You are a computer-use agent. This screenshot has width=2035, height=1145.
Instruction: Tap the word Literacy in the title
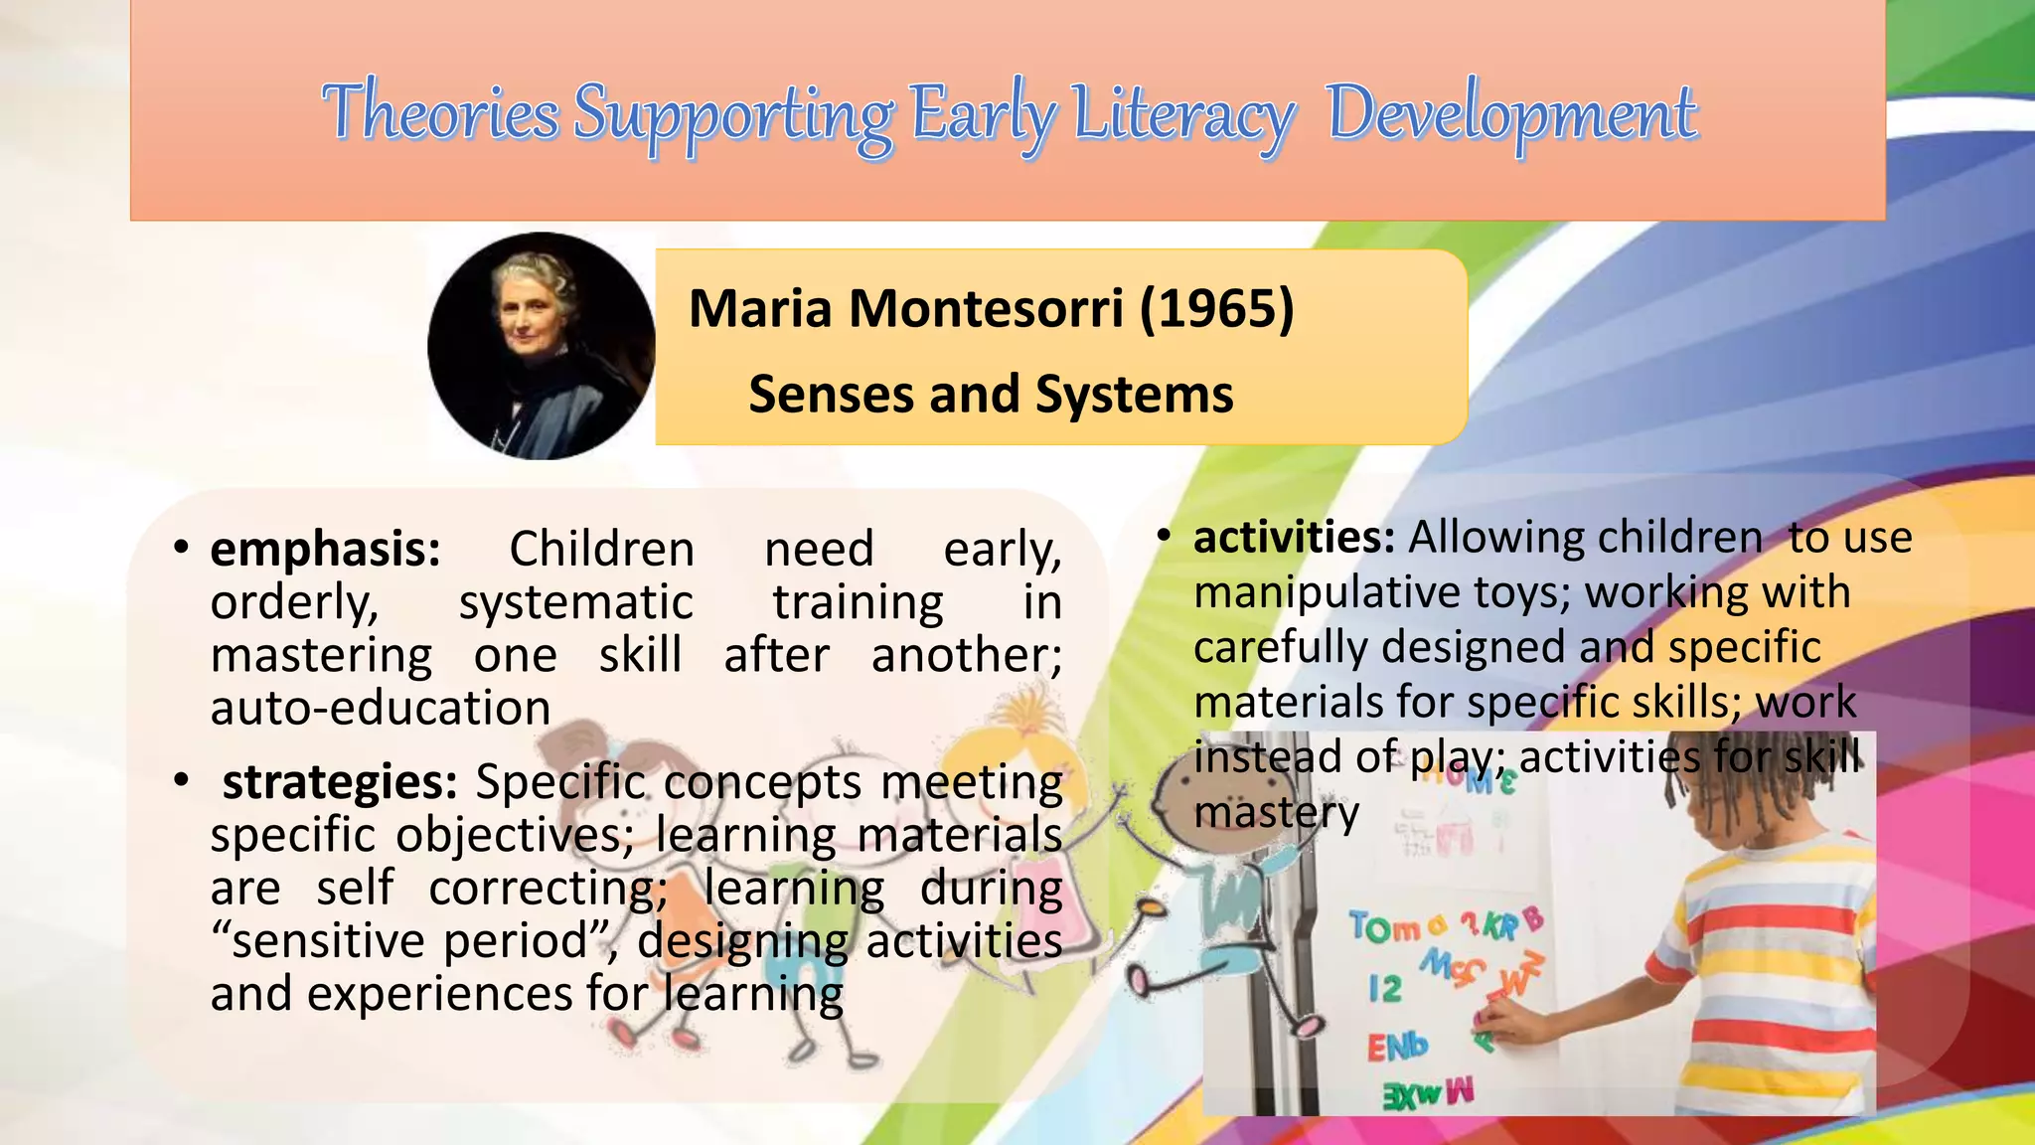[1182, 115]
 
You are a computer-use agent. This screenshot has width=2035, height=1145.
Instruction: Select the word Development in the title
[1511, 115]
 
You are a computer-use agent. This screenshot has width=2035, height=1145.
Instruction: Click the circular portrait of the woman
[542, 346]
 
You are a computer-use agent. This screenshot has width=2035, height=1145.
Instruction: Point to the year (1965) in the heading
[1216, 308]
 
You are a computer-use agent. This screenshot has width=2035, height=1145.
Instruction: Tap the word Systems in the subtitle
[1134, 395]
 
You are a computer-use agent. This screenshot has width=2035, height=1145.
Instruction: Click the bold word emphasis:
[325, 550]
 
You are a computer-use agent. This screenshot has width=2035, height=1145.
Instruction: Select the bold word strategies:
[339, 782]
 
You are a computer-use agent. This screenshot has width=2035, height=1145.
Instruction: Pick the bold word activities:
[1294, 538]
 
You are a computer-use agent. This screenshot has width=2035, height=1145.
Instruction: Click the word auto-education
[381, 708]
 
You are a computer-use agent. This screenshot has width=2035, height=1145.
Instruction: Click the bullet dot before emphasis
[180, 547]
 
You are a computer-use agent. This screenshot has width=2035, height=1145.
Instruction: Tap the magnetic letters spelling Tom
[1385, 928]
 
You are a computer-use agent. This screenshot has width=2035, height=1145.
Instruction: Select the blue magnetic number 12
[1385, 988]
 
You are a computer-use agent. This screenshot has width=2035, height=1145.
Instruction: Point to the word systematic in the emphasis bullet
[575, 603]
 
